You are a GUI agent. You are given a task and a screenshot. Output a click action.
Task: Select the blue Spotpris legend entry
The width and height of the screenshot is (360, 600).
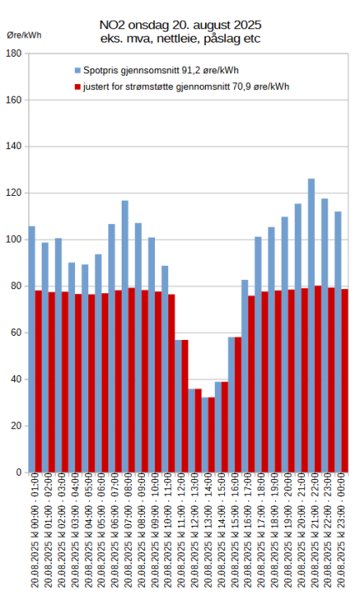coord(150,70)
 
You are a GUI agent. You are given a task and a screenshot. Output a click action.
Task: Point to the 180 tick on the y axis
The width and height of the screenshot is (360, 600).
coord(13,53)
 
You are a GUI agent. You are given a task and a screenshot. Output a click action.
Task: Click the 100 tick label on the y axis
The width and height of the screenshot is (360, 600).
coord(13,240)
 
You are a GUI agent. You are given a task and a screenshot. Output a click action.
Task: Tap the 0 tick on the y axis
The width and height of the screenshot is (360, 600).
coord(18,472)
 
